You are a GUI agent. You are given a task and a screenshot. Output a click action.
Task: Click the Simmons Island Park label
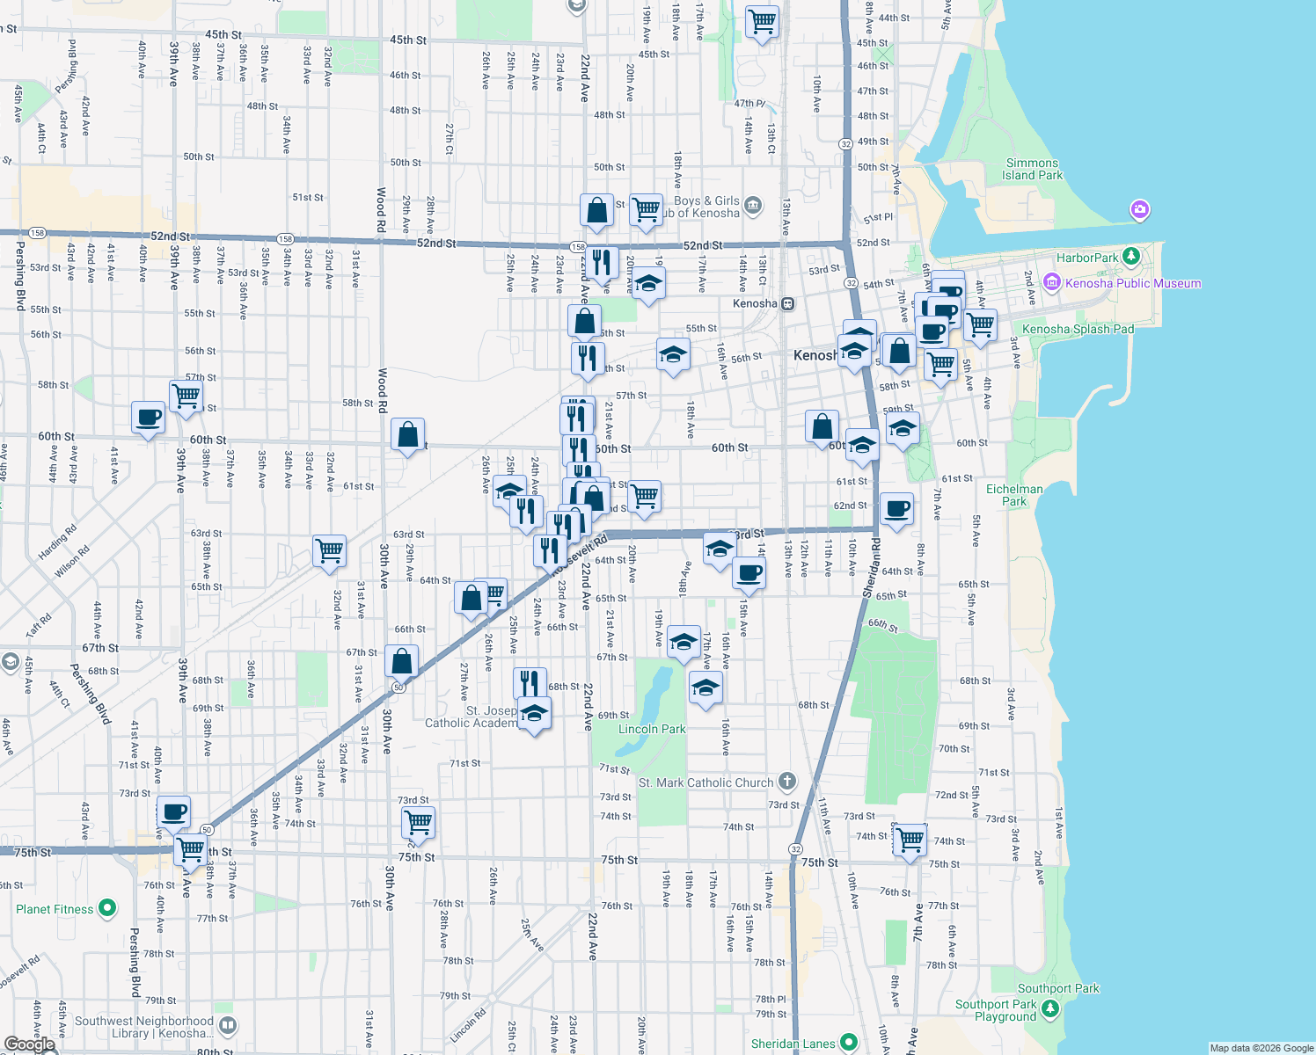pyautogui.click(x=1032, y=169)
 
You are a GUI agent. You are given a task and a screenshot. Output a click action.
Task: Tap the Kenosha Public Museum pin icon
pyautogui.click(x=1051, y=283)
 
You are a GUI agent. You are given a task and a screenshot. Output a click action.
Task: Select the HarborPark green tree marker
pyautogui.click(x=1132, y=257)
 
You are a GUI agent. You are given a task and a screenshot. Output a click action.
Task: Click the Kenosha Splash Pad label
pyautogui.click(x=1078, y=329)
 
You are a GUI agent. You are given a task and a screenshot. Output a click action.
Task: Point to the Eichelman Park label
pyautogui.click(x=1014, y=495)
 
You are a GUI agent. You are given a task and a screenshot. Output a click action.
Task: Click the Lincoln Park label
pyautogui.click(x=652, y=729)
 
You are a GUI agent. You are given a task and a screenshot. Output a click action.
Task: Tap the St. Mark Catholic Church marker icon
pyautogui.click(x=787, y=781)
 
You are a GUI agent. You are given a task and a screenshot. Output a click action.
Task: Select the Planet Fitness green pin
pyautogui.click(x=107, y=907)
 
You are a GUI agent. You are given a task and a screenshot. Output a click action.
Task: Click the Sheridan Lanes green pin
pyautogui.click(x=849, y=1043)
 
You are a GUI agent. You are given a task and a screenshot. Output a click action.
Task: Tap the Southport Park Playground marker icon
pyautogui.click(x=1050, y=1009)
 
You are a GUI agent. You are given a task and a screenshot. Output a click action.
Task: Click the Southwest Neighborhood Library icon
pyautogui.click(x=228, y=1025)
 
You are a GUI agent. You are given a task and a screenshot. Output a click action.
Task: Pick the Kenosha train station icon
pyautogui.click(x=787, y=303)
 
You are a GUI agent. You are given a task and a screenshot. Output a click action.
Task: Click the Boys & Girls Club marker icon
pyautogui.click(x=752, y=206)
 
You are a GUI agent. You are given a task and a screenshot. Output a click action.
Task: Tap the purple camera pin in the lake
pyautogui.click(x=1140, y=210)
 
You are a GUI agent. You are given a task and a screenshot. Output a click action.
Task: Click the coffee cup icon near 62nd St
pyautogui.click(x=896, y=509)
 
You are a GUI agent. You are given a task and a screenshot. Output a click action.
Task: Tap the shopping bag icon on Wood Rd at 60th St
pyautogui.click(x=407, y=434)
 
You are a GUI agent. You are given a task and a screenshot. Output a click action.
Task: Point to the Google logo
pyautogui.click(x=30, y=1044)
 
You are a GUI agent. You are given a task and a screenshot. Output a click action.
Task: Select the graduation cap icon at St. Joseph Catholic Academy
pyautogui.click(x=534, y=713)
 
